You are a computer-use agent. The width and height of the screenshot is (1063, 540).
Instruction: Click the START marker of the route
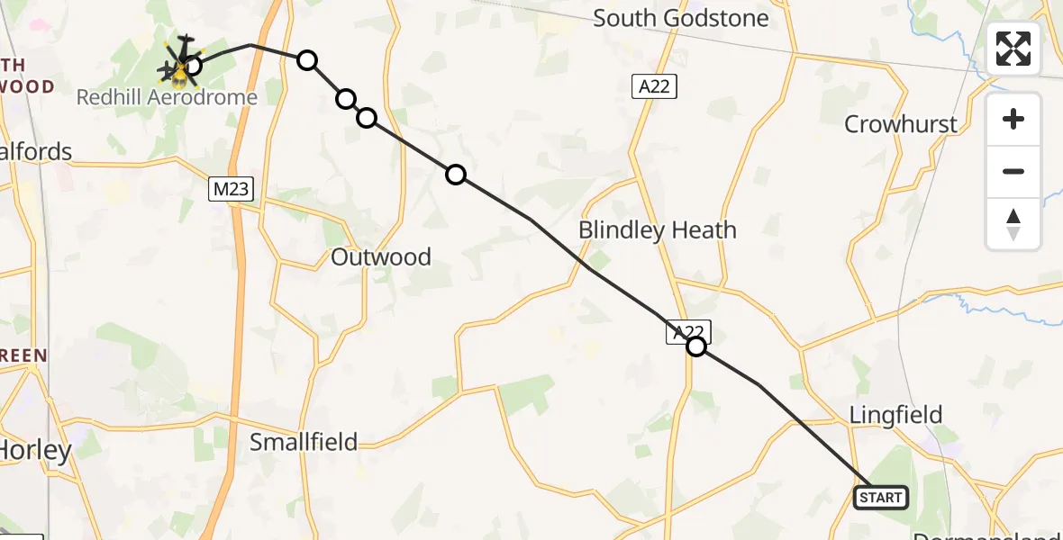click(880, 497)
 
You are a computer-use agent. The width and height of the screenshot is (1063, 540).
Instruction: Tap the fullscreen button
click(1013, 49)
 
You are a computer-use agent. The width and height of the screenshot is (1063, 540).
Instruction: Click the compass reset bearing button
click(1013, 224)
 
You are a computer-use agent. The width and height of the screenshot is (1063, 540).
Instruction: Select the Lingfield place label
click(896, 415)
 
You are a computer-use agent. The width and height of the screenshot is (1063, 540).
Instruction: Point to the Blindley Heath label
click(657, 230)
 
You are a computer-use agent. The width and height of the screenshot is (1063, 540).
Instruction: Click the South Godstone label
click(680, 19)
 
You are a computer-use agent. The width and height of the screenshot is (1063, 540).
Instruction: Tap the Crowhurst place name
click(900, 124)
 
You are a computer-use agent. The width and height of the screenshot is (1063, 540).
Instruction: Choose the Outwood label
click(380, 257)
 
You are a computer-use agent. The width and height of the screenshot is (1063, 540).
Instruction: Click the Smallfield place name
click(304, 442)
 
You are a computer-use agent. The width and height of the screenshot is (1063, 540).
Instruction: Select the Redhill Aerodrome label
click(167, 97)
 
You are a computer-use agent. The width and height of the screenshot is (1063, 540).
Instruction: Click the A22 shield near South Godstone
click(653, 86)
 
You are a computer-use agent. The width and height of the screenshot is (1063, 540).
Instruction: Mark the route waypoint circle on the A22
click(696, 346)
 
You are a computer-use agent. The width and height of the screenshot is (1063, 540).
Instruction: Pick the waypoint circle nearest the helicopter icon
click(192, 65)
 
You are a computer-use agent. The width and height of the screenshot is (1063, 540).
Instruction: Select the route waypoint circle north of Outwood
click(456, 175)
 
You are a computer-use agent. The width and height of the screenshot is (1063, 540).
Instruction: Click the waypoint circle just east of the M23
click(307, 60)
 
